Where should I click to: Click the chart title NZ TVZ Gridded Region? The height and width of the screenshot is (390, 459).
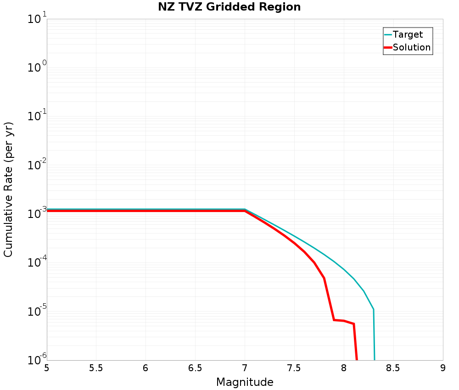229,7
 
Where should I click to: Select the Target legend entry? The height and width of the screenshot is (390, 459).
408,34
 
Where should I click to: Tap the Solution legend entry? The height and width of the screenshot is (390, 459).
412,47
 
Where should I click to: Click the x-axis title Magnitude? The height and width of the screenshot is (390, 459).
245,382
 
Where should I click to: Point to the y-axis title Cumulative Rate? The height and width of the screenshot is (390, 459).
9,189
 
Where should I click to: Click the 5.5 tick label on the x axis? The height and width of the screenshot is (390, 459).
96,368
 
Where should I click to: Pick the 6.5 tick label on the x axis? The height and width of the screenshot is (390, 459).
195,368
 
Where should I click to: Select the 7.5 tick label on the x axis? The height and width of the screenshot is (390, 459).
294,368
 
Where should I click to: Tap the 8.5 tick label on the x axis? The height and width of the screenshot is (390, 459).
393,368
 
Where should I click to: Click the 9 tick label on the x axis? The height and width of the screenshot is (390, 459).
443,368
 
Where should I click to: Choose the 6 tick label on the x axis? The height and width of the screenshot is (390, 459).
146,368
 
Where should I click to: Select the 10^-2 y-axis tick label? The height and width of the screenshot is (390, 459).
35,166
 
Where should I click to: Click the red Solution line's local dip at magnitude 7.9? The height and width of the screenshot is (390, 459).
334,320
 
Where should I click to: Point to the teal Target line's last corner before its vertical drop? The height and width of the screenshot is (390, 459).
373,309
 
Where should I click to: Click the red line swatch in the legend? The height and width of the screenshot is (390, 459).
388,47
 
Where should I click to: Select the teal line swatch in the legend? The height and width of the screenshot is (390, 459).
388,34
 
